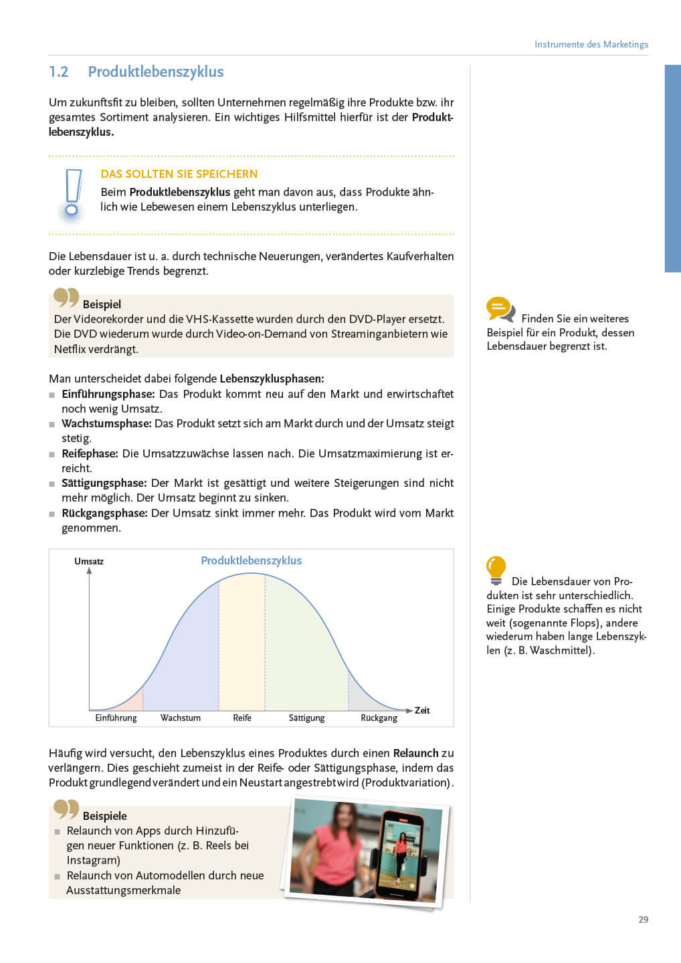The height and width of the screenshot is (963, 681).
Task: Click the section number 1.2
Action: pos(59,72)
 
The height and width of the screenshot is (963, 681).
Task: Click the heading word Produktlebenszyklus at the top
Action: pos(156,72)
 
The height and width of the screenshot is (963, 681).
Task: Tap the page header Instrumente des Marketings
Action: pos(591,44)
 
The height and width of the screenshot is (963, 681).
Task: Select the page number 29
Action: pos(643,920)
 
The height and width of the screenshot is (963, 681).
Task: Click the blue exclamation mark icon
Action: pos(72,195)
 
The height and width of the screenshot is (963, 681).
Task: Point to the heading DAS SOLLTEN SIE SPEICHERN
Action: pos(179,174)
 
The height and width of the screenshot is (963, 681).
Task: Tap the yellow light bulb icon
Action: pos(496,570)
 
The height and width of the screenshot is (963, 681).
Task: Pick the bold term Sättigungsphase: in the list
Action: pos(104,483)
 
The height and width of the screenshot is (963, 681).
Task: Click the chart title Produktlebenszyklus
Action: pos(251,560)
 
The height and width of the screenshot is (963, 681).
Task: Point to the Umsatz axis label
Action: pos(89,561)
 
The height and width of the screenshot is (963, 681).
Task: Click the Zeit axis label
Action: pos(422,710)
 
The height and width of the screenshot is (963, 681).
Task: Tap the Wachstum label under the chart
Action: pos(180,718)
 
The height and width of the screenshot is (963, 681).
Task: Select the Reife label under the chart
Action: pos(242,718)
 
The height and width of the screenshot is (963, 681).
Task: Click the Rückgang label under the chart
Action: pos(379,718)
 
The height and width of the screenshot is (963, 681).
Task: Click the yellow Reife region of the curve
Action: pos(242,642)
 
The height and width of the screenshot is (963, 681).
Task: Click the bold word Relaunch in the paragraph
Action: pos(415,753)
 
